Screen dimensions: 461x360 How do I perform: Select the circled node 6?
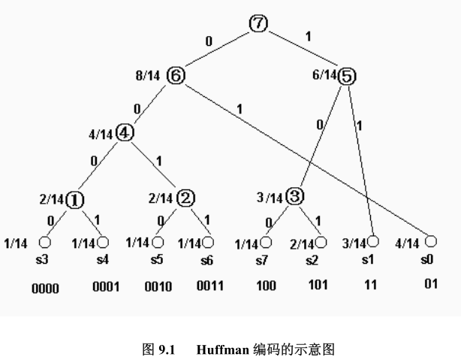click(176, 75)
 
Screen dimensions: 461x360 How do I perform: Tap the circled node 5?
click(347, 75)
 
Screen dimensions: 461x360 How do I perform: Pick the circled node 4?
click(125, 134)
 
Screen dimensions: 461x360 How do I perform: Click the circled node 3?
click(295, 197)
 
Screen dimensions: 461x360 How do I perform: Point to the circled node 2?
click(185, 198)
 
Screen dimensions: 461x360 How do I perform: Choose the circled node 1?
click(75, 199)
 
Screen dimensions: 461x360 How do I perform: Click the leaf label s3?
click(44, 259)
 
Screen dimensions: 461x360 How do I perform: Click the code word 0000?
click(45, 287)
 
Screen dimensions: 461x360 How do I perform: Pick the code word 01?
click(429, 283)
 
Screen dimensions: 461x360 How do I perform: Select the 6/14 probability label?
click(324, 75)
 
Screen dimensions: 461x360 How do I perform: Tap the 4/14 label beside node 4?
click(100, 135)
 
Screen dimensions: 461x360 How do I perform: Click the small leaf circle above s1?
click(372, 241)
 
